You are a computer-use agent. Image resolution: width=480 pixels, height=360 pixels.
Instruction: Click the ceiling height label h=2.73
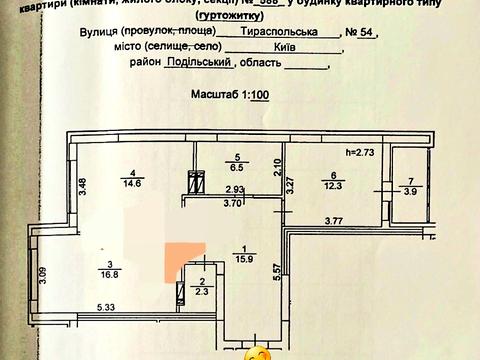(x=358, y=152)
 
